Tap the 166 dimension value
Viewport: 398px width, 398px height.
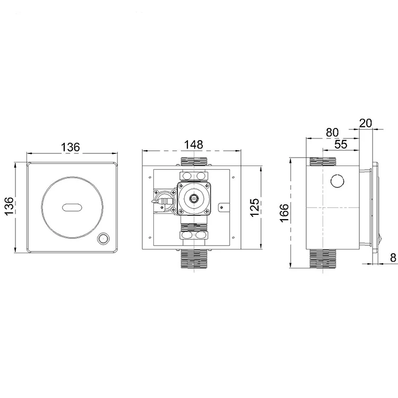point(285,213)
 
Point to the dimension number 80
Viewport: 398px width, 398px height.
point(332,131)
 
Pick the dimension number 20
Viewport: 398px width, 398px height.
point(366,123)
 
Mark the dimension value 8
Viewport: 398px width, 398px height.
point(392,258)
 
